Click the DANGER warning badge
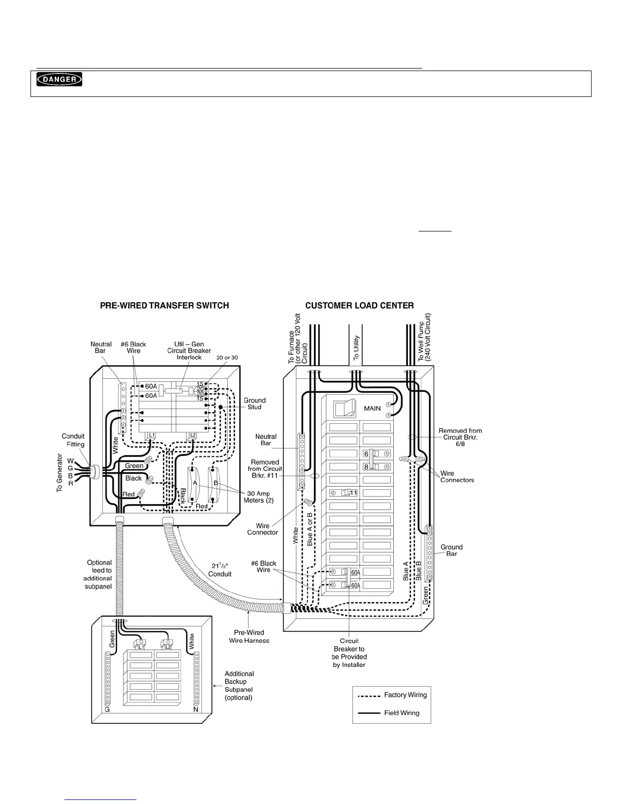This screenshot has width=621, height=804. point(59,79)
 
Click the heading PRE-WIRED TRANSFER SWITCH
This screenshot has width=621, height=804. point(164,306)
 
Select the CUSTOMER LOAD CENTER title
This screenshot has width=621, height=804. point(359,306)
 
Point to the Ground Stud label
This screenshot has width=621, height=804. point(255,404)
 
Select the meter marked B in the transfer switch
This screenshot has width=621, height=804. point(216,484)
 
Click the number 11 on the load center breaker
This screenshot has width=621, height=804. point(353,492)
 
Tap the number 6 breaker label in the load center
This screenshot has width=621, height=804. point(366,454)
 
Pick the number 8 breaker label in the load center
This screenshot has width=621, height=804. point(366,467)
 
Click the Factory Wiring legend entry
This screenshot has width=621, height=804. point(405,695)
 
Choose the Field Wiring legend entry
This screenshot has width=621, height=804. point(401,713)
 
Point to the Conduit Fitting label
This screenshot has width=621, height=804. point(73,440)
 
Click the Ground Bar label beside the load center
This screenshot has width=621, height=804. point(452,550)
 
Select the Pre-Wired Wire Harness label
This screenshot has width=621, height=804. point(249,636)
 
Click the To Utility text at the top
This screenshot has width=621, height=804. point(356,348)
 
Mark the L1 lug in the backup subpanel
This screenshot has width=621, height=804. point(141,647)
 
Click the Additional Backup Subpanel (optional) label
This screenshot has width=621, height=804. point(238,685)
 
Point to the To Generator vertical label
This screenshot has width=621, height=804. point(59,473)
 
